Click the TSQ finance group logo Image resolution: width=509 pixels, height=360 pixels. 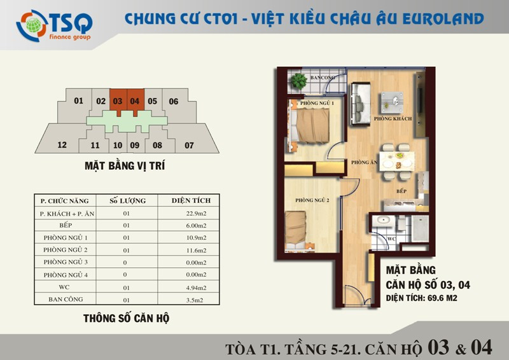54,25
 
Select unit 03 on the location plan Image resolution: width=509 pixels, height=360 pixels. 118,101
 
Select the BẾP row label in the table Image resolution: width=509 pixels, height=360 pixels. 66,225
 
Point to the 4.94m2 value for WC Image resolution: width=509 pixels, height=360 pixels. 196,287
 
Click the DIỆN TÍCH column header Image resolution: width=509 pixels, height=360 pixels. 191,200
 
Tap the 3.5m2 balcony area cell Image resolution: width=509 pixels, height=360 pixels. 195,300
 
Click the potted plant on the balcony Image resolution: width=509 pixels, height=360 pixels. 298,81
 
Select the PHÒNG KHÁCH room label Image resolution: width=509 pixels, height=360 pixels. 393,119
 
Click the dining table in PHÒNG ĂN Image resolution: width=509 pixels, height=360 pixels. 396,161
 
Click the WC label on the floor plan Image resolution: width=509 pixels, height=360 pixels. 391,239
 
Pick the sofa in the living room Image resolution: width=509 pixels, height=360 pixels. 360,104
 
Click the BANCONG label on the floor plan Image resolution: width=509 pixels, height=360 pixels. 322,78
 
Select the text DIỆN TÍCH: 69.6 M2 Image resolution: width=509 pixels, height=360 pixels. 421,298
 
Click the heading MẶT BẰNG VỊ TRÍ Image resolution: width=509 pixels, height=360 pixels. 125,166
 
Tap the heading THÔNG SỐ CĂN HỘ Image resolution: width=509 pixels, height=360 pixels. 126,318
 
